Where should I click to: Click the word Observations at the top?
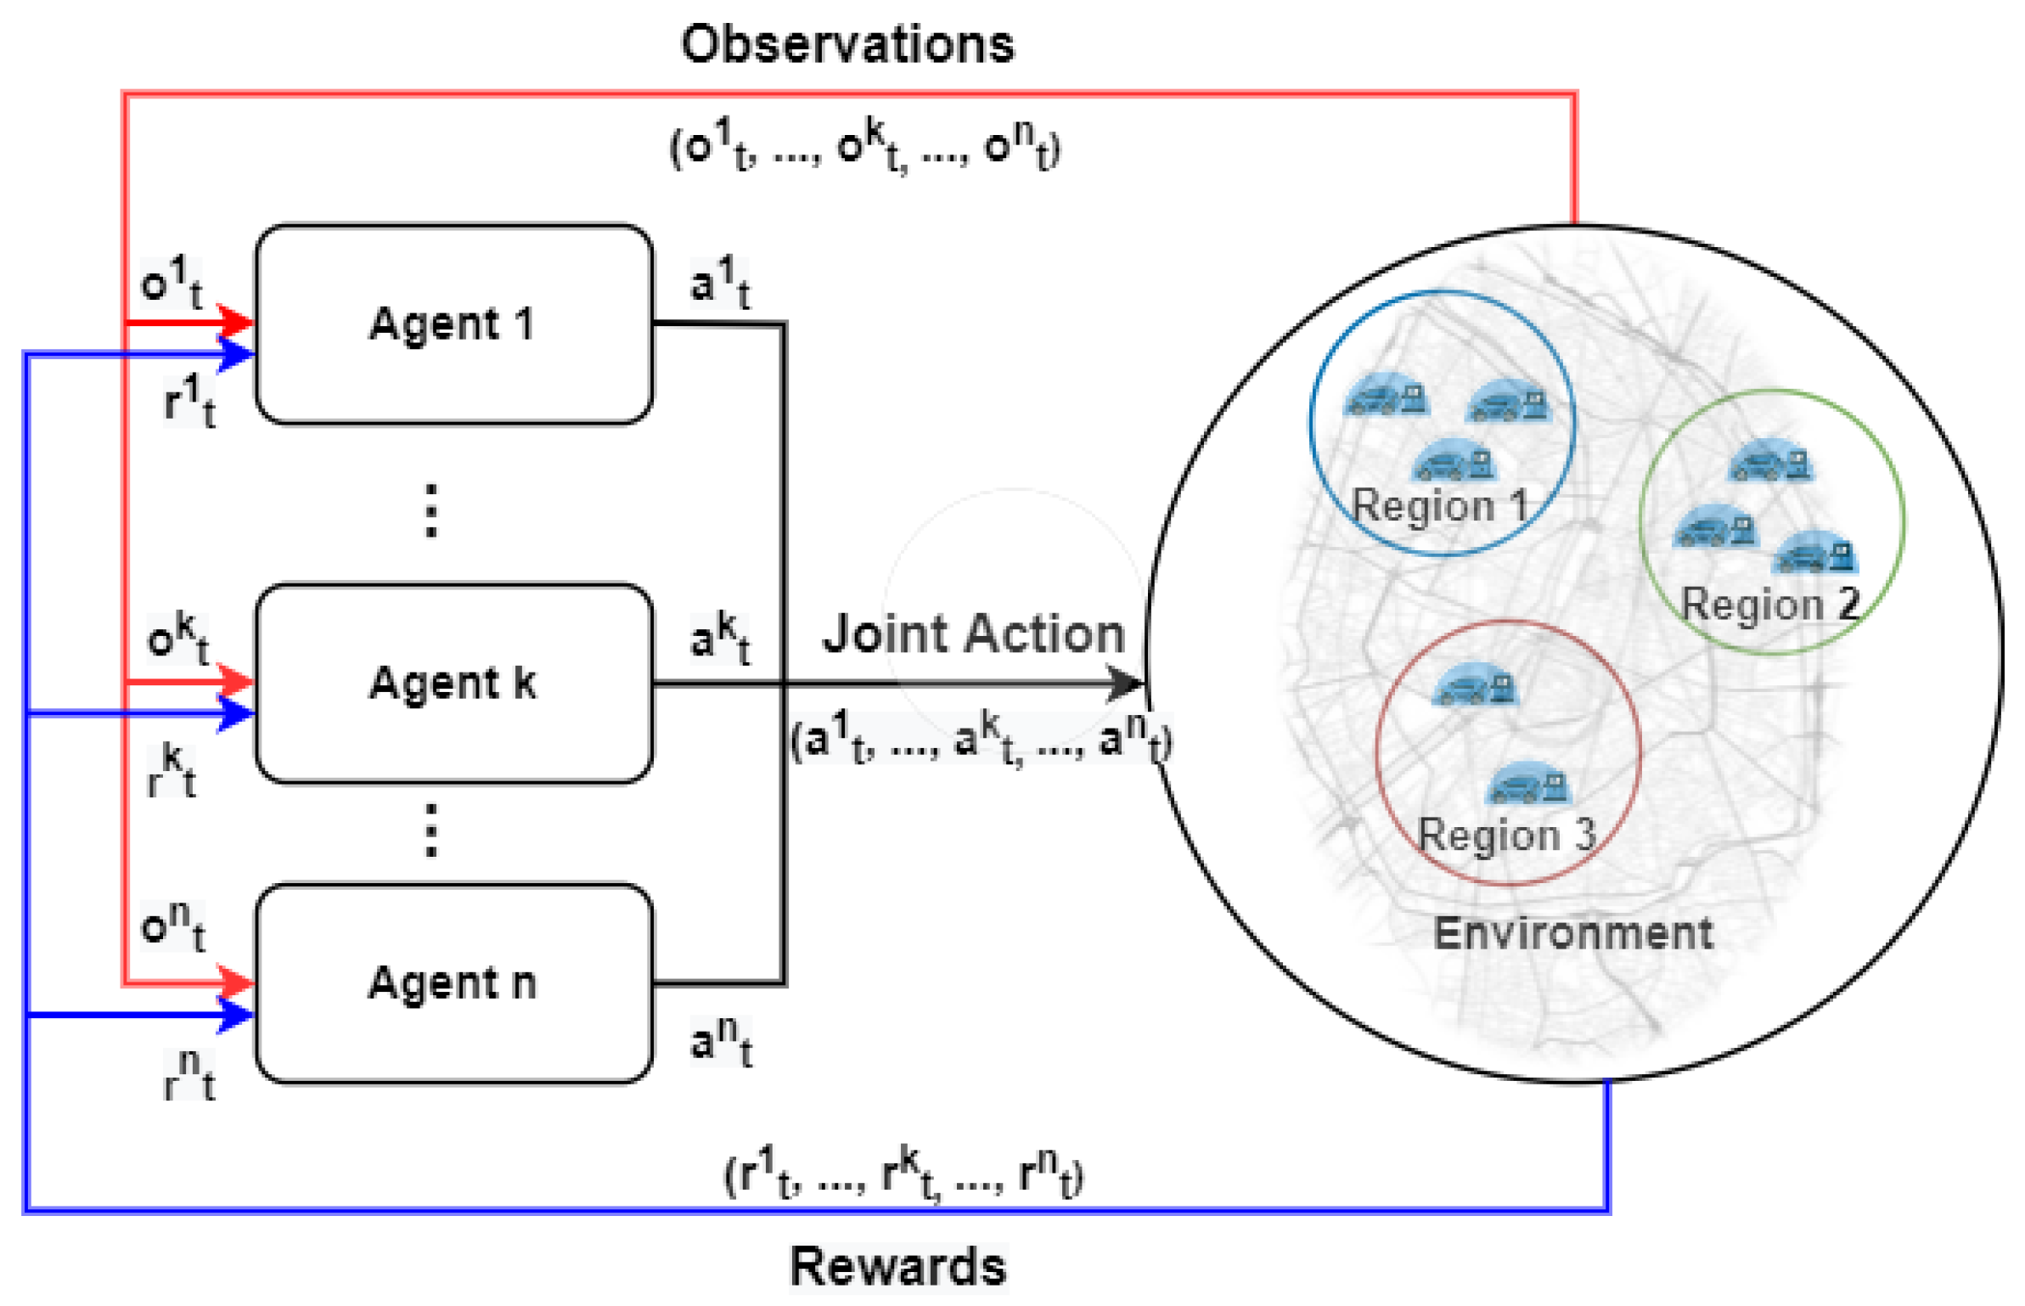pos(847,44)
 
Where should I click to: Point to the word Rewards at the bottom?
pos(898,1266)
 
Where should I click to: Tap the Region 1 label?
pos(1440,506)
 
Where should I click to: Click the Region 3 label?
pos(1507,836)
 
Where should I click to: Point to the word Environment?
pos(1573,933)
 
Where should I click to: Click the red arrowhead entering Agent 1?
pos(236,323)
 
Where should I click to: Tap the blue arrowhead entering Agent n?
pos(236,1015)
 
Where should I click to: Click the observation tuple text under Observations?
pos(864,146)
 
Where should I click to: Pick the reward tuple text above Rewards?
pos(903,1173)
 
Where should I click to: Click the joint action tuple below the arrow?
pos(981,737)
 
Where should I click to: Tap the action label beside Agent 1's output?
pos(720,283)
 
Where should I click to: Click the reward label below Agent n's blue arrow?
pos(188,1074)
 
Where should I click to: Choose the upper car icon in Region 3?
pos(1473,684)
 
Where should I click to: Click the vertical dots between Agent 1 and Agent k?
pos(431,510)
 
